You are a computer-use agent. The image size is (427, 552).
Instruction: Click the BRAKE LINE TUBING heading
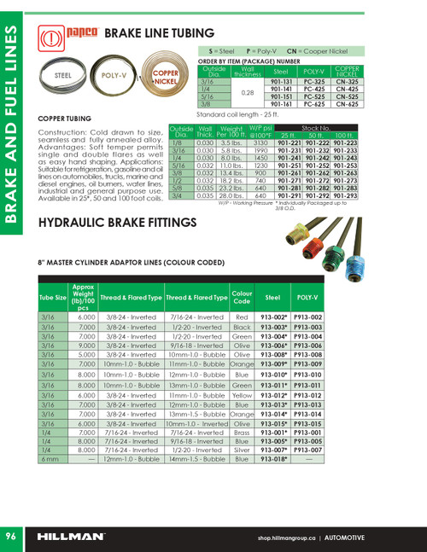(153, 35)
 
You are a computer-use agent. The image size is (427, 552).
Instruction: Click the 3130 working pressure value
(263, 142)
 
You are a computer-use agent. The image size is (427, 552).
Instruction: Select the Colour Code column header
(241, 298)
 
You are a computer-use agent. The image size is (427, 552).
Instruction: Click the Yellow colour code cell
(241, 395)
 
